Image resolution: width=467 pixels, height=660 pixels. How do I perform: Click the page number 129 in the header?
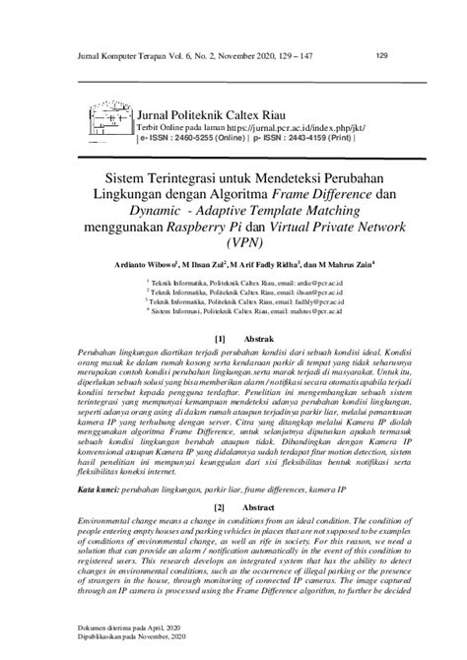click(x=383, y=55)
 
